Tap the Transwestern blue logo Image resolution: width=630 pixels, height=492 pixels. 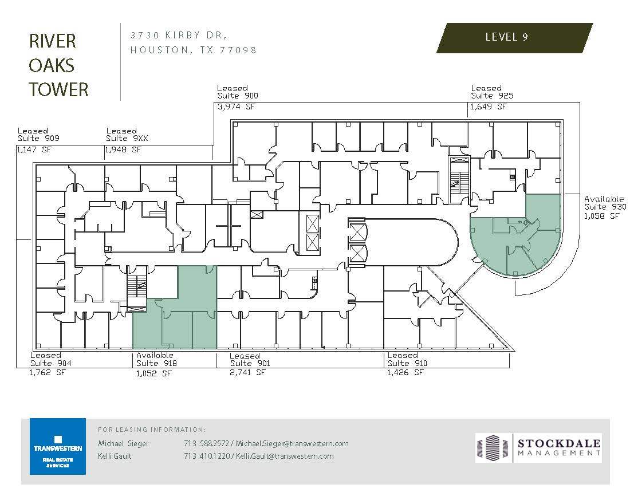pyautogui.click(x=57, y=447)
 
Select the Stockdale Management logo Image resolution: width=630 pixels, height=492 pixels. pyautogui.click(x=538, y=447)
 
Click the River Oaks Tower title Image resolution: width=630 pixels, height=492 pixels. pyautogui.click(x=58, y=65)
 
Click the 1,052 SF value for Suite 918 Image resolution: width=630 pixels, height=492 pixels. pyautogui.click(x=153, y=373)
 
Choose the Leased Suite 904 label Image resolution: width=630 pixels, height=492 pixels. pyautogui.click(x=51, y=359)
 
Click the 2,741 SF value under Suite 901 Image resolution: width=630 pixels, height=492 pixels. pyautogui.click(x=248, y=373)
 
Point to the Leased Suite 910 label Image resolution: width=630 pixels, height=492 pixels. pyautogui.click(x=407, y=359)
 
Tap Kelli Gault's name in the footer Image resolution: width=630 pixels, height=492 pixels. pyautogui.click(x=115, y=456)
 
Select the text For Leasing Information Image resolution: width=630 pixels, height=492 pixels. pyautogui.click(x=152, y=429)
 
